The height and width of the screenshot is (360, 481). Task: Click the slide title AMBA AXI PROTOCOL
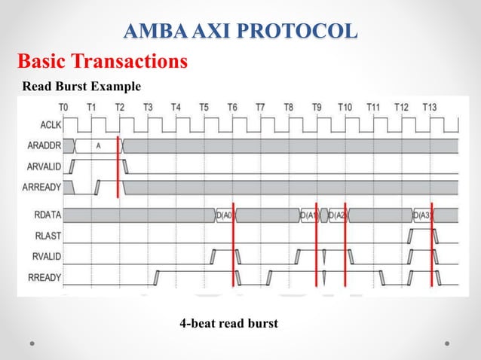[x=240, y=32]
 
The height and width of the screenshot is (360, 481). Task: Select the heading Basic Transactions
[x=103, y=60]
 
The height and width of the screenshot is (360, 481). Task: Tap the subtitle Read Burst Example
[x=81, y=86]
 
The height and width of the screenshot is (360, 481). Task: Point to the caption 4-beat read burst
[x=228, y=323]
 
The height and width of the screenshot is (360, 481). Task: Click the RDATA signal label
[x=46, y=216]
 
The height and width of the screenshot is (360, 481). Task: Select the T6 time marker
[x=232, y=108]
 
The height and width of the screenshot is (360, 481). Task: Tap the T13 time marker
[x=430, y=108]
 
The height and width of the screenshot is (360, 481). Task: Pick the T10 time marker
[x=345, y=108]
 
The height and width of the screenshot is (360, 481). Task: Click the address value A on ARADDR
[x=98, y=145]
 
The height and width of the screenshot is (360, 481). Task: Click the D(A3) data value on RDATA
[x=421, y=216]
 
